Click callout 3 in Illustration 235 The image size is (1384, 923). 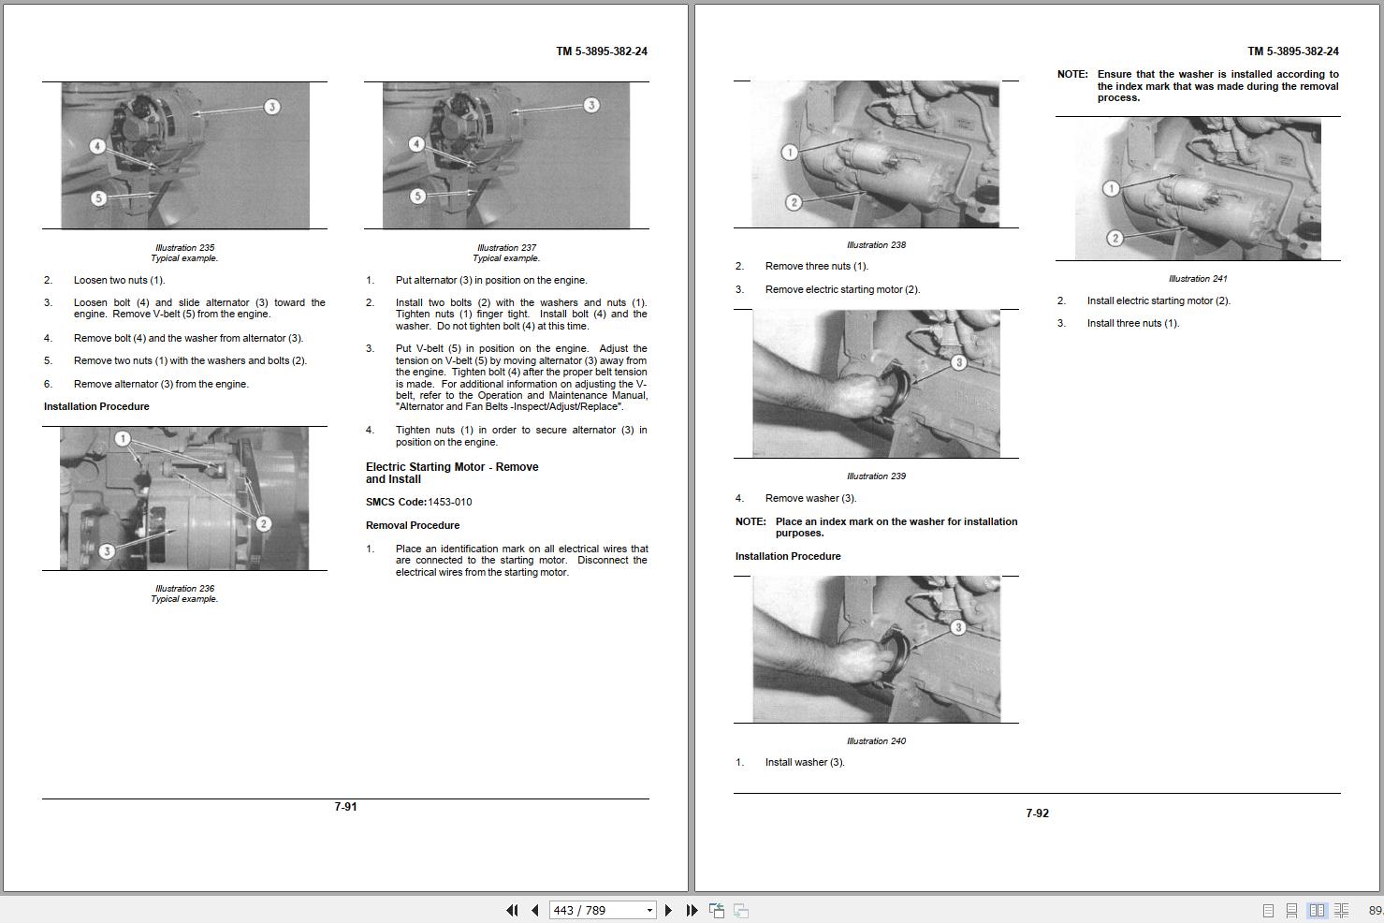(x=272, y=107)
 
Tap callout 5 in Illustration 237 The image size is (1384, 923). (x=417, y=196)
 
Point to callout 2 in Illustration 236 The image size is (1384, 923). (x=263, y=524)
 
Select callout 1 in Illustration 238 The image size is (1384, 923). (x=789, y=152)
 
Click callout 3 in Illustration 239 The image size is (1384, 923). (x=958, y=362)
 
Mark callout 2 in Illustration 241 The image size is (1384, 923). (x=1114, y=238)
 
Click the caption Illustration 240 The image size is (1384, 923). (x=876, y=740)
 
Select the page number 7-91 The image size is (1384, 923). (x=345, y=807)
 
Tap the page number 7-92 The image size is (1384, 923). (x=1038, y=813)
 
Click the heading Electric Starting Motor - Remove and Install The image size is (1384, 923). (x=452, y=473)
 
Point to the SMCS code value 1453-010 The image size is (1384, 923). (x=450, y=502)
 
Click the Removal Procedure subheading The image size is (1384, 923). (x=413, y=525)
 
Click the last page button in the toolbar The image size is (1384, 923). (x=692, y=910)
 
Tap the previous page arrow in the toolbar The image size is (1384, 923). (x=535, y=910)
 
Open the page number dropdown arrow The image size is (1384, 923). (x=649, y=910)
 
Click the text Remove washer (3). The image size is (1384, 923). (x=810, y=498)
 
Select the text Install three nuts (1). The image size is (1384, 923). (x=1133, y=323)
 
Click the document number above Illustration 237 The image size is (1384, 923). (x=601, y=51)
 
